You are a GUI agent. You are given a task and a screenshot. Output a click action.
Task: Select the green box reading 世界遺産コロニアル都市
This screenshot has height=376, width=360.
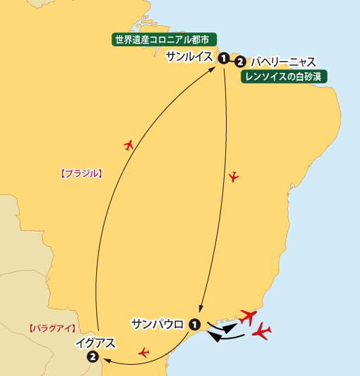(x=165, y=39)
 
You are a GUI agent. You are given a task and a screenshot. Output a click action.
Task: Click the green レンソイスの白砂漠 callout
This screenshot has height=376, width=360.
(x=286, y=76)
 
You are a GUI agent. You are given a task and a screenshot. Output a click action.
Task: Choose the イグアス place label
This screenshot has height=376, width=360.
(x=94, y=344)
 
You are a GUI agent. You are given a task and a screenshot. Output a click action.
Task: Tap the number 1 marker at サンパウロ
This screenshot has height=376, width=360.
(x=194, y=325)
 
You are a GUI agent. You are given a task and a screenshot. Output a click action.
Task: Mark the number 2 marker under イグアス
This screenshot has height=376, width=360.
(x=93, y=358)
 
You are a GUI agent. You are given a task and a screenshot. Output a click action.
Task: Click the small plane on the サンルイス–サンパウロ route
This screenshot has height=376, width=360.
(x=234, y=176)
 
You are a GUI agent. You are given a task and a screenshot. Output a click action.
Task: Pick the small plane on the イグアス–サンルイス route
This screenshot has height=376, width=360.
(x=128, y=145)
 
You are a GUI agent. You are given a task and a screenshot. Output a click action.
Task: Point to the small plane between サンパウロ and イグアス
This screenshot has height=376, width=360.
(x=144, y=351)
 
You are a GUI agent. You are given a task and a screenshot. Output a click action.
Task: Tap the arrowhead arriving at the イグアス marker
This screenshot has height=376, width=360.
(x=105, y=361)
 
